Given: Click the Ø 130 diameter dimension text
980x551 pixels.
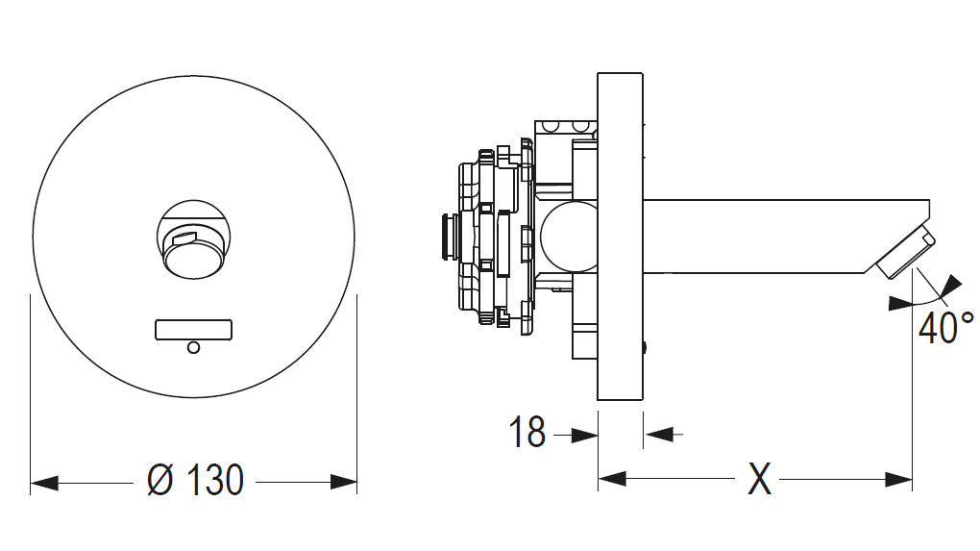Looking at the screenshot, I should click(x=195, y=479).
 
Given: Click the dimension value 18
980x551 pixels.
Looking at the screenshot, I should click(x=527, y=434).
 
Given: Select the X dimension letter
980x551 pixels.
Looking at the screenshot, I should click(x=759, y=478).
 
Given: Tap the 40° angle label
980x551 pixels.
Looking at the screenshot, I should click(x=945, y=327).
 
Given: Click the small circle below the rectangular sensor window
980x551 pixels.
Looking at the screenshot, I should click(x=193, y=348).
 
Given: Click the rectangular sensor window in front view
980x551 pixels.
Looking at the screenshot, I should click(x=193, y=330).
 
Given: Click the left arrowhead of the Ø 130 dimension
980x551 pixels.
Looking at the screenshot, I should click(x=43, y=481).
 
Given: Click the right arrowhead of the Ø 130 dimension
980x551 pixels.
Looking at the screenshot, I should click(x=344, y=481).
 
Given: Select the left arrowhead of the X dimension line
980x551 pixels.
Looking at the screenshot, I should click(x=611, y=478).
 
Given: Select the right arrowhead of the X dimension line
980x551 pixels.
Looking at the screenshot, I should click(x=899, y=478).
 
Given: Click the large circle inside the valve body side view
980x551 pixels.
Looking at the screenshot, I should click(x=568, y=236).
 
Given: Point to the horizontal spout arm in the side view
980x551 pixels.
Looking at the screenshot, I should click(x=769, y=236).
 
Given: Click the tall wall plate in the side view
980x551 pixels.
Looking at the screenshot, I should click(x=620, y=236).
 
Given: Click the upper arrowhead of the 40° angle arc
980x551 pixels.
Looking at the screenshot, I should click(x=951, y=284).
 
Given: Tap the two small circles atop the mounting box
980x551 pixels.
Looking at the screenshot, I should click(x=564, y=126).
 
